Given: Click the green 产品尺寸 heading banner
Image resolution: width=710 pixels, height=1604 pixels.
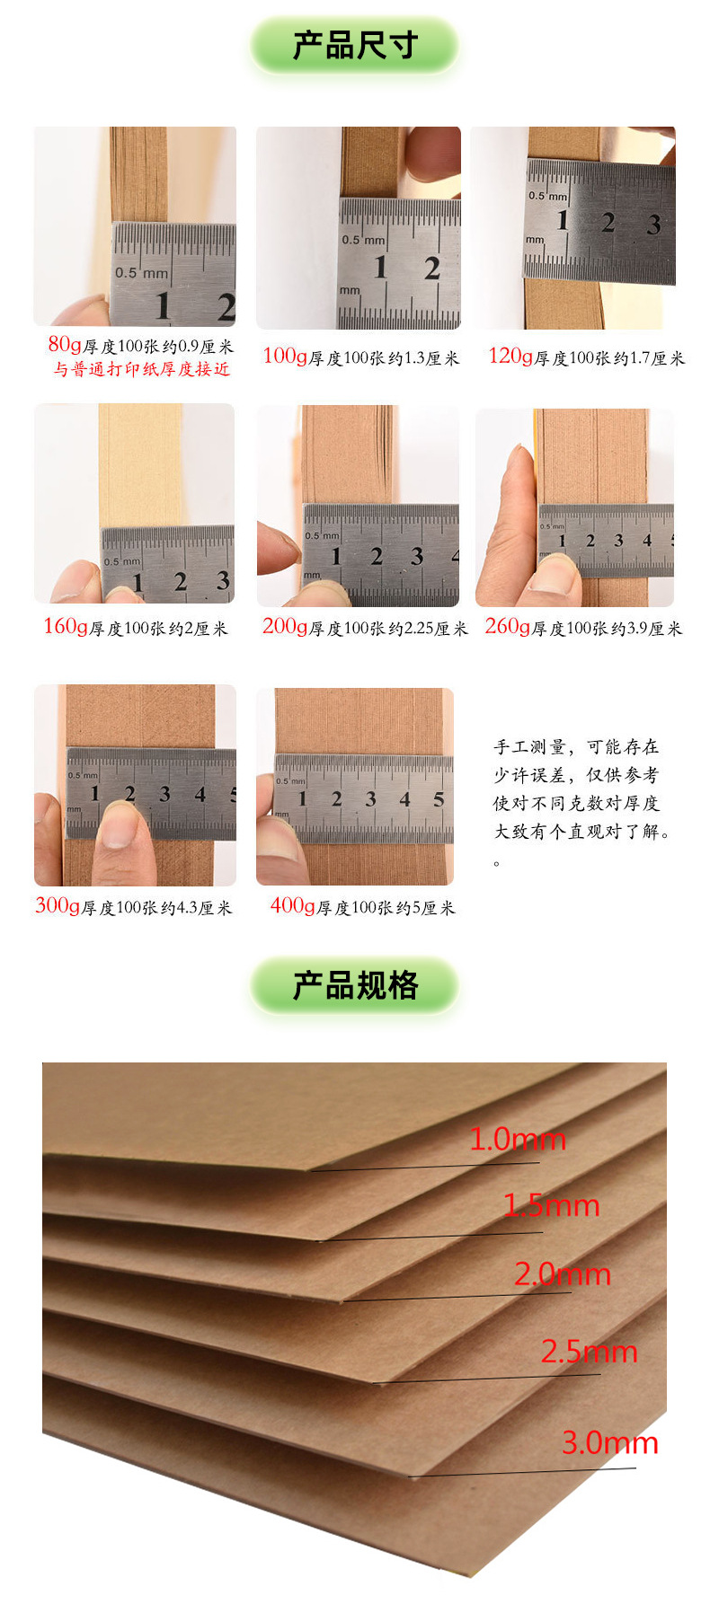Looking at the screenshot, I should point(355,45).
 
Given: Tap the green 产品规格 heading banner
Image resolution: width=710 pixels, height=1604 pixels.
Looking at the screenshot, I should point(355,985).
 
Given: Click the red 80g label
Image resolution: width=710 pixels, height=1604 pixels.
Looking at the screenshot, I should point(65,344).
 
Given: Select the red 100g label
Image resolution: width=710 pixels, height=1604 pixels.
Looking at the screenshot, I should point(285,357).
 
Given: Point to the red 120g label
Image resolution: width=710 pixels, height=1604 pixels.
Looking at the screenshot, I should point(510,357).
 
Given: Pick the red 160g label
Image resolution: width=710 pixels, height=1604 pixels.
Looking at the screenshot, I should point(66,627).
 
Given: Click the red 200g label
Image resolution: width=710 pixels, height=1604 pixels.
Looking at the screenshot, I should point(285,627).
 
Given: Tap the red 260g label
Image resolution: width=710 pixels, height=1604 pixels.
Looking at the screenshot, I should point(507,627).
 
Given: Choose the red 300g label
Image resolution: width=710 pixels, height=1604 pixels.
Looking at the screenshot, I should point(58,905).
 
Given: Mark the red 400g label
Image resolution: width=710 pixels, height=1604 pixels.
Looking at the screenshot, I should point(292,906).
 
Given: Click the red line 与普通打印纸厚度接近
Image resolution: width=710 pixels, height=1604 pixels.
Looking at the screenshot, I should point(141,369).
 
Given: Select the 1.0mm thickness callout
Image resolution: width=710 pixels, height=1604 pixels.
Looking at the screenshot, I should point(518,1140).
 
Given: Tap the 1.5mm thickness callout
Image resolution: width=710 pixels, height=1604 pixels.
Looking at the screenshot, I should point(551,1205).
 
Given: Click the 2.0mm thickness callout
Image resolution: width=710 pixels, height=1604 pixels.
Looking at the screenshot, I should point(563,1274).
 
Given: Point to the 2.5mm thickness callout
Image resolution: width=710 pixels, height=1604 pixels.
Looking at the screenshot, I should point(589,1352).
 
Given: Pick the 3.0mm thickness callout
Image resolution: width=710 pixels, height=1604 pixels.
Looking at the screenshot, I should point(610,1443).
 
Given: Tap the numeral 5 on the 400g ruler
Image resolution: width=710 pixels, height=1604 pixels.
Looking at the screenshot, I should point(439,799).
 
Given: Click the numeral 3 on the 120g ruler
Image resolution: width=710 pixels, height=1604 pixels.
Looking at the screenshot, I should point(653,225).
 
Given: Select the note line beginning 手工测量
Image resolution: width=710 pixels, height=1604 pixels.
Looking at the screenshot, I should point(576,747).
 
